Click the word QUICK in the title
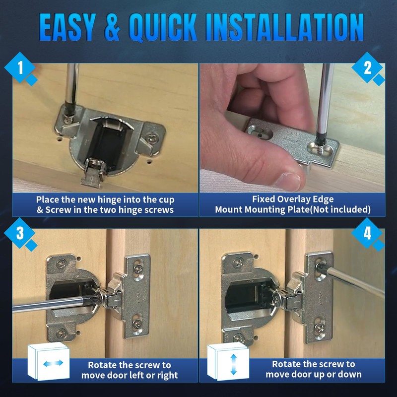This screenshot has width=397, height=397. point(163,27)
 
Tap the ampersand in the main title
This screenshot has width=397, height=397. point(112,27)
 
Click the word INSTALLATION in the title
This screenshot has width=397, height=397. point(284,27)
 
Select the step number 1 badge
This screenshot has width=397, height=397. point(20,68)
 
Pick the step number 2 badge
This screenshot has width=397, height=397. point(367,68)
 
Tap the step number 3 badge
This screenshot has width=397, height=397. point(20,233)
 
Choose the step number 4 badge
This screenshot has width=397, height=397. point(367,233)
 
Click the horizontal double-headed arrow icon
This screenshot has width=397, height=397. point(53,363)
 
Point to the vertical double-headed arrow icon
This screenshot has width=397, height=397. point(233,364)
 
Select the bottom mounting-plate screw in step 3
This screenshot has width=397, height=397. point(137,324)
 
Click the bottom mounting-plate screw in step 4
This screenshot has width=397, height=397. point(320,329)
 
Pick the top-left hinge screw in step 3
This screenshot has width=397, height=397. point(62,264)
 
